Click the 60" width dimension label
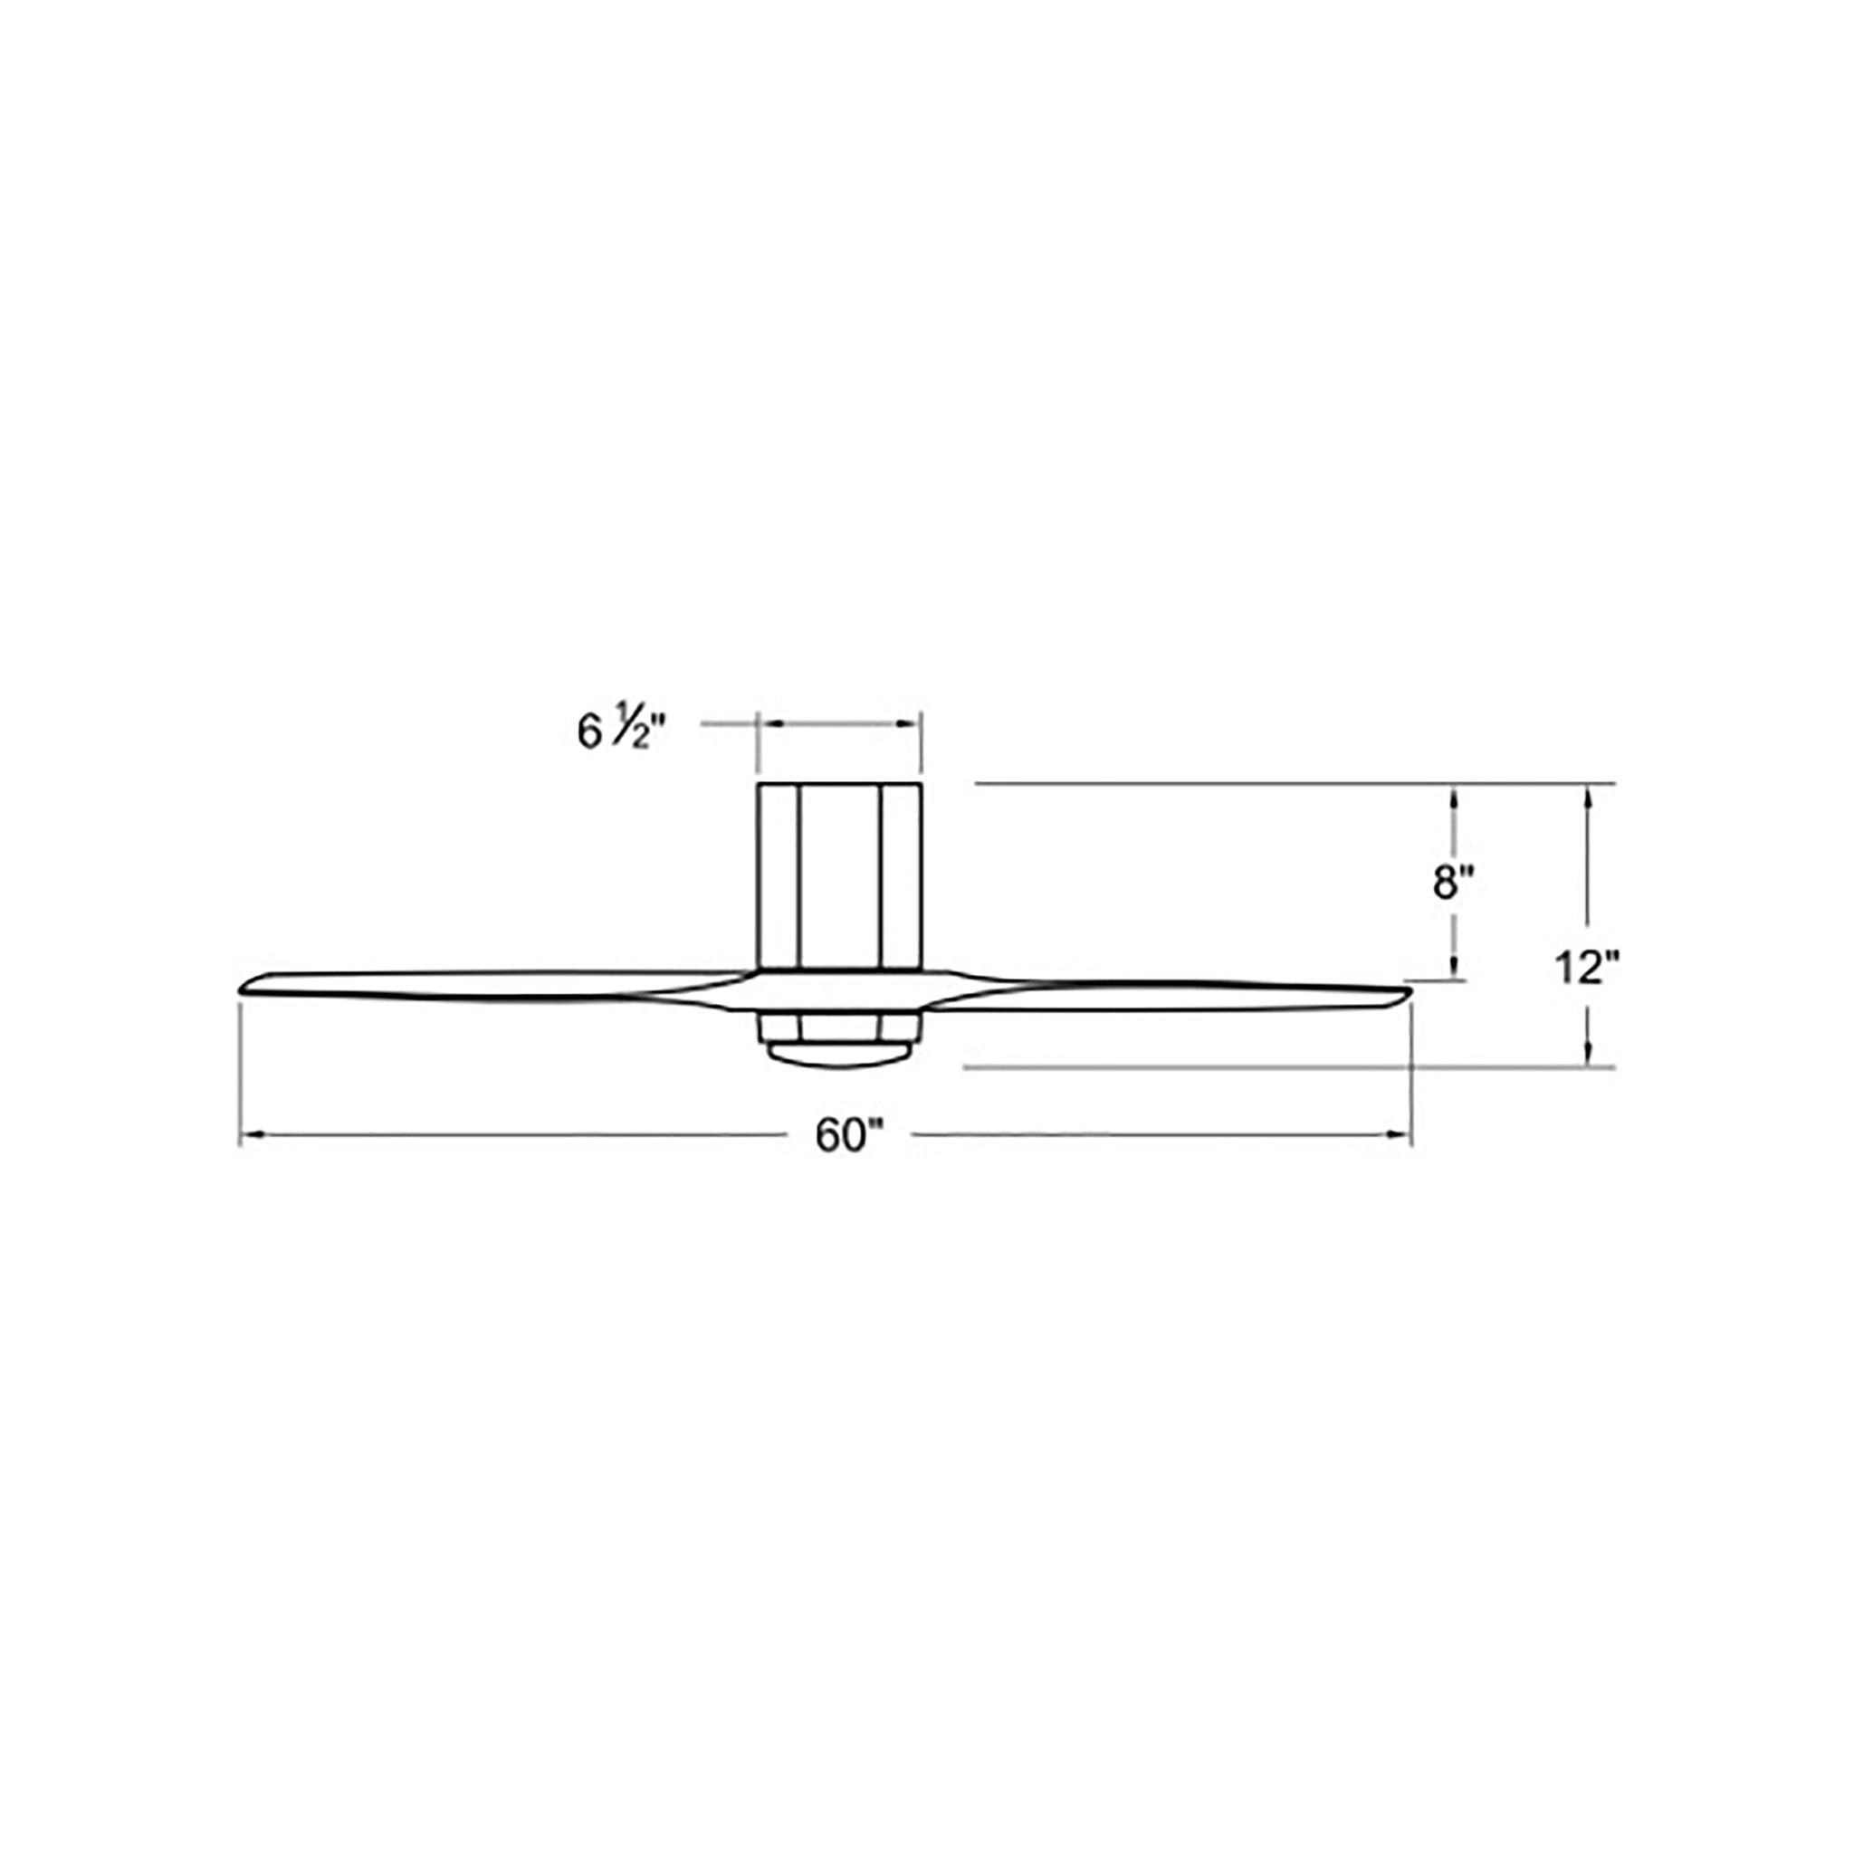(848, 1137)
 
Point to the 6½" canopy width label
(621, 732)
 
